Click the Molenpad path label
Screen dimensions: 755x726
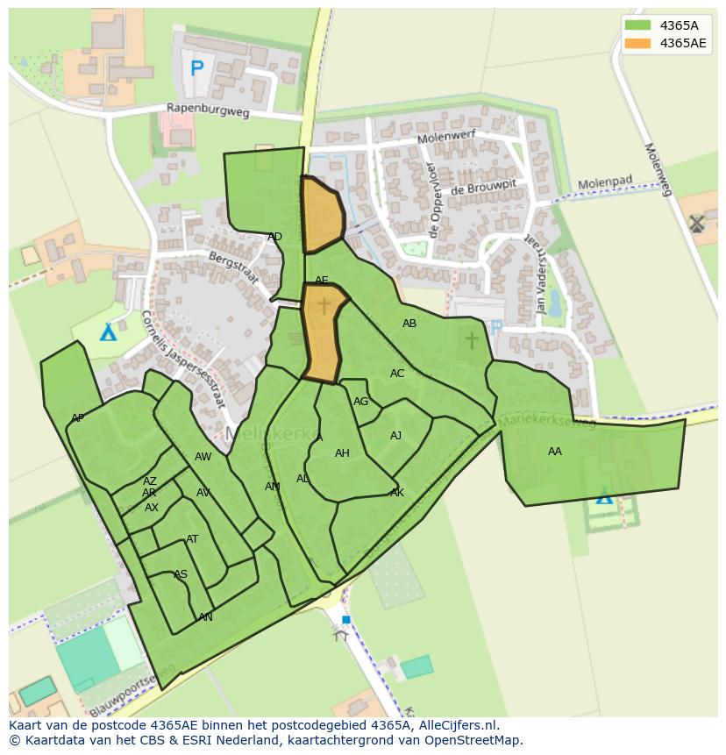click(604, 183)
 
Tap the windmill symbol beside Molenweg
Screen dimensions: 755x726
click(696, 223)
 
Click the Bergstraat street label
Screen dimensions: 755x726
click(233, 267)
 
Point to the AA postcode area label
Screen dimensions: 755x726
click(554, 452)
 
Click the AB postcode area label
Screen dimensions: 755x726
click(409, 324)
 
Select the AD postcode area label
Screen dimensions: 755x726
click(274, 237)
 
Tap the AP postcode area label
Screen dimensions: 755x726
click(77, 418)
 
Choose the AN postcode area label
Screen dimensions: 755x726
click(205, 617)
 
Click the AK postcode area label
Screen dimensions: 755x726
click(397, 493)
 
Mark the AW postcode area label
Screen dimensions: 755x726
click(203, 457)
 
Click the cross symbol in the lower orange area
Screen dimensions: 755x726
click(324, 305)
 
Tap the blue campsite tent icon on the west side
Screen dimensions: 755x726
click(107, 332)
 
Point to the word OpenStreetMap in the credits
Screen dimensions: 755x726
click(474, 740)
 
